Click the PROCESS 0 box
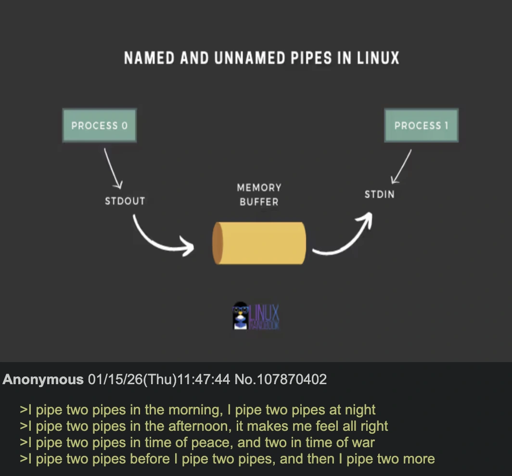[x=99, y=125]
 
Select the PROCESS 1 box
[x=421, y=125]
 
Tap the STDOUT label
[x=125, y=201]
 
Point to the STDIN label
[x=379, y=195]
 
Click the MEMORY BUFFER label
[x=259, y=195]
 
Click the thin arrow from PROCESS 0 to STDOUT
[x=112, y=168]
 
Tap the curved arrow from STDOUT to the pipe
[x=159, y=238]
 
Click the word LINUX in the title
[x=378, y=59]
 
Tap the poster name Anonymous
[x=43, y=380]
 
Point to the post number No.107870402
[x=281, y=380]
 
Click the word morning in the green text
[x=193, y=410]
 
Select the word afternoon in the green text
[x=201, y=426]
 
